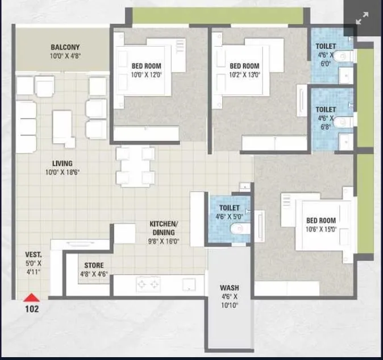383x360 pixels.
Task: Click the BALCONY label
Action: [x=65, y=47]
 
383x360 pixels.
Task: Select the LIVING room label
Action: [x=62, y=164]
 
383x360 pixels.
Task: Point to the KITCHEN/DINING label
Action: [x=164, y=228]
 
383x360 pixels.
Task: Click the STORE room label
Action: [x=94, y=266]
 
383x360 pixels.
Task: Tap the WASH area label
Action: [x=229, y=288]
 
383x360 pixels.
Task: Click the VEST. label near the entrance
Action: [x=33, y=255]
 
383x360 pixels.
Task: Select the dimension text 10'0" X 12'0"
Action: [x=147, y=75]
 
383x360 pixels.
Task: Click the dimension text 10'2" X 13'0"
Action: [x=244, y=75]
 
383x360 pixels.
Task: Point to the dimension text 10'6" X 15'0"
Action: [x=322, y=229]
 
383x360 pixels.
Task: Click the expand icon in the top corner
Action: [x=363, y=19]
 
